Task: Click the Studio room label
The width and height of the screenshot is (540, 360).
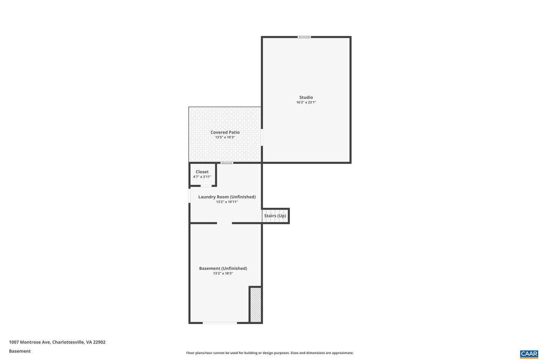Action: pyautogui.click(x=306, y=97)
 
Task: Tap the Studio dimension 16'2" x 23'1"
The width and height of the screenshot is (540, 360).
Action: pyautogui.click(x=306, y=102)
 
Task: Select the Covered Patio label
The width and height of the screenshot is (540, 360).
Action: pyautogui.click(x=225, y=132)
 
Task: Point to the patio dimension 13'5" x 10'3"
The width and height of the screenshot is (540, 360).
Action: pyautogui.click(x=225, y=137)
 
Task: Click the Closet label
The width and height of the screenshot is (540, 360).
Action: pyautogui.click(x=202, y=172)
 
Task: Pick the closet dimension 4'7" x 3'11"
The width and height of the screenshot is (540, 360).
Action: pyautogui.click(x=202, y=177)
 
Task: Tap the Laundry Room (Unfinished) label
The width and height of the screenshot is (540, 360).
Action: pyautogui.click(x=227, y=197)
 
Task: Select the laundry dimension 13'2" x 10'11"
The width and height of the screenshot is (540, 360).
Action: pyautogui.click(x=227, y=202)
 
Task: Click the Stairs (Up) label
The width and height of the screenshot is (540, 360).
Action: pyautogui.click(x=275, y=216)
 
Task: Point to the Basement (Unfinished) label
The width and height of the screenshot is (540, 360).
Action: pyautogui.click(x=223, y=268)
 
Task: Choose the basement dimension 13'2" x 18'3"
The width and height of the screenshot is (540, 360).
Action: pyautogui.click(x=223, y=273)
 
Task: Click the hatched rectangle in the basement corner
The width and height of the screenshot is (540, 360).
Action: pyautogui.click(x=255, y=304)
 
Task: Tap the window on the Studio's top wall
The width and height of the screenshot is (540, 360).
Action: pyautogui.click(x=304, y=37)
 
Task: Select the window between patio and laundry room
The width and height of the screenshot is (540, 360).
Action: pyautogui.click(x=227, y=163)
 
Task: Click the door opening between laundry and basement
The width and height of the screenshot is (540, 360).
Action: pyautogui.click(x=224, y=223)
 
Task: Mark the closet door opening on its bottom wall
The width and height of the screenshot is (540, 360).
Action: pyautogui.click(x=206, y=186)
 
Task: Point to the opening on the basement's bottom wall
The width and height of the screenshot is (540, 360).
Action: pyautogui.click(x=220, y=322)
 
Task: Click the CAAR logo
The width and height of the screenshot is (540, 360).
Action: pyautogui.click(x=529, y=354)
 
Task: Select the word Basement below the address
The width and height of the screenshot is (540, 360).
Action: pyautogui.click(x=20, y=351)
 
